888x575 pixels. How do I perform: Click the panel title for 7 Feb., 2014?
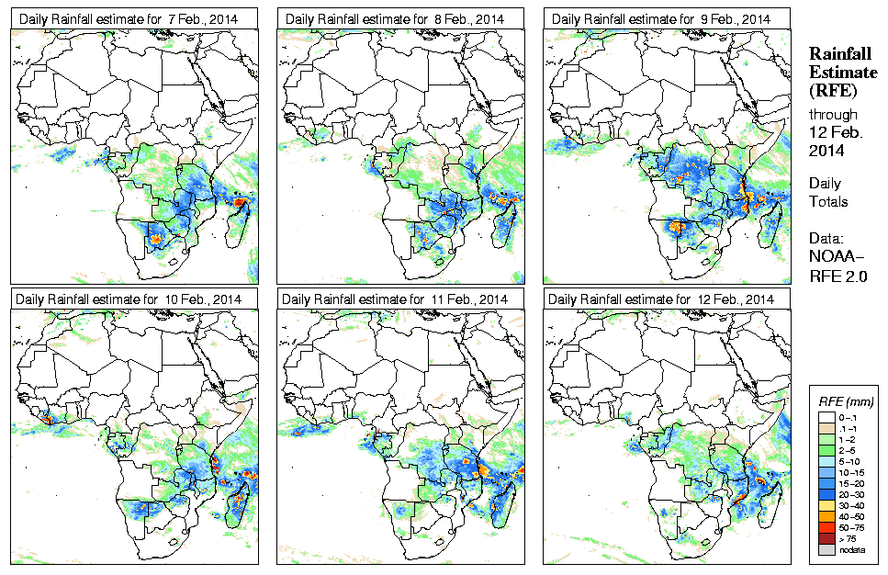129,18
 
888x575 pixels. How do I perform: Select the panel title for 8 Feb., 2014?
395,18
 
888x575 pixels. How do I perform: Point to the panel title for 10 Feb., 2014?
129,299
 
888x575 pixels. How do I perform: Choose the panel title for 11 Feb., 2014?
395,299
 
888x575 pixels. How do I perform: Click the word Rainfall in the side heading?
839,53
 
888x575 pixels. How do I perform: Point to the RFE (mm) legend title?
845,401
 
